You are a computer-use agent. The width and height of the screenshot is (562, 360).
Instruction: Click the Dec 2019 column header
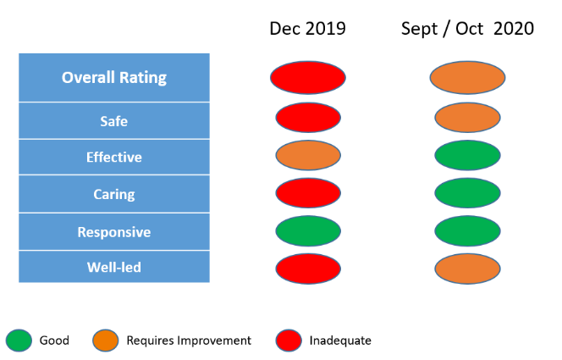click(x=307, y=29)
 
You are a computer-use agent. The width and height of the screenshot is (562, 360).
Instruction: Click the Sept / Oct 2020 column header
click(x=467, y=29)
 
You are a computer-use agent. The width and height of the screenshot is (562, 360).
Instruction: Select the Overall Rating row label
click(x=114, y=78)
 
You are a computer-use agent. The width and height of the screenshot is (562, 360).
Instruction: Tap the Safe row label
click(x=114, y=121)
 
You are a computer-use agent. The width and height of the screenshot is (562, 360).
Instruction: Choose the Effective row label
click(x=114, y=158)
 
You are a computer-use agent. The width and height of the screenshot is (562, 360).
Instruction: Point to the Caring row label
click(x=114, y=194)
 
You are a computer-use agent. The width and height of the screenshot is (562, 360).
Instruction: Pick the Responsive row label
click(x=114, y=232)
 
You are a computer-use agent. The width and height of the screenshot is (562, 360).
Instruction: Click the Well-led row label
click(x=114, y=268)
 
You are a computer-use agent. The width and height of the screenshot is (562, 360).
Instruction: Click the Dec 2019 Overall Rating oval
click(x=308, y=77)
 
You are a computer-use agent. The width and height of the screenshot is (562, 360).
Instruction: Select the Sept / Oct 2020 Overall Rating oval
click(x=468, y=77)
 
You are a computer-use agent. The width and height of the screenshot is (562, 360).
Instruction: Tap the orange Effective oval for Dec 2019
click(x=308, y=156)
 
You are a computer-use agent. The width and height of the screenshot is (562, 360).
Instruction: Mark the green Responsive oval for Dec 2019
click(x=308, y=230)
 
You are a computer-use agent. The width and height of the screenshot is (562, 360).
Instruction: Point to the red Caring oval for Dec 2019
click(x=308, y=193)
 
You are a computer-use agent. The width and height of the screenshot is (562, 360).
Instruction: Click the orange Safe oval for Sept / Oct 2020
click(x=468, y=118)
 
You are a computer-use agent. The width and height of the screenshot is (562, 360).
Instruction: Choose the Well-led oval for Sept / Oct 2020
click(x=468, y=268)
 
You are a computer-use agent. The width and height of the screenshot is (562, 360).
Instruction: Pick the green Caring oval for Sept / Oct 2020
click(x=468, y=193)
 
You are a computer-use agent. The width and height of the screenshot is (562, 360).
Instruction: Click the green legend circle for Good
click(x=18, y=341)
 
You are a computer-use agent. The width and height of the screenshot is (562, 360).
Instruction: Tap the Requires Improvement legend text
click(x=189, y=341)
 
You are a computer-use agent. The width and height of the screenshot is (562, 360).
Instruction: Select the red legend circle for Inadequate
click(x=288, y=341)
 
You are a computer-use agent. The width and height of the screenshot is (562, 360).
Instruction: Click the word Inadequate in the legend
click(x=340, y=341)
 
